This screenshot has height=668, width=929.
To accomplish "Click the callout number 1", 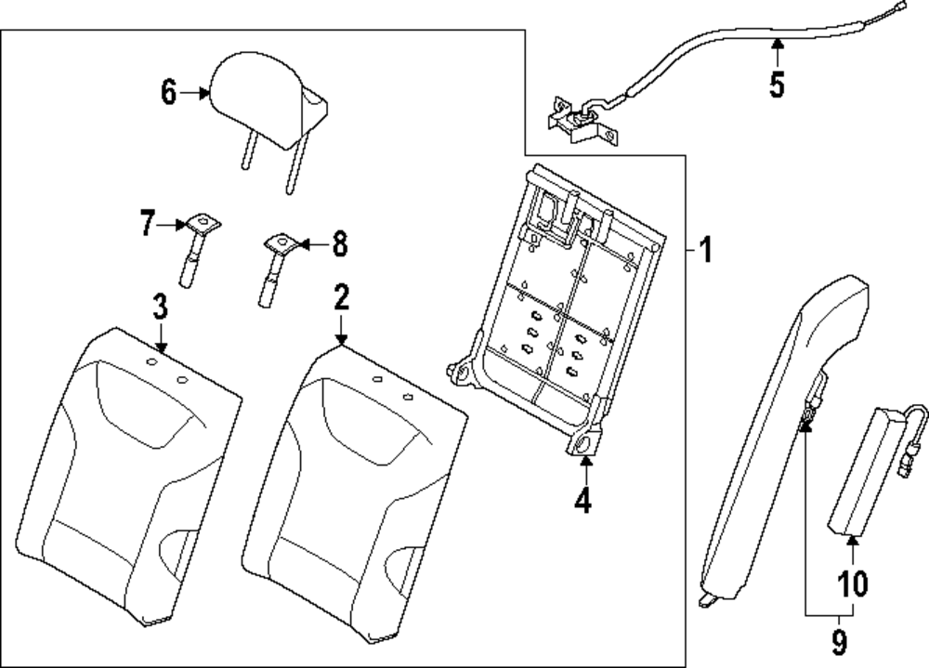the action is coord(705,250).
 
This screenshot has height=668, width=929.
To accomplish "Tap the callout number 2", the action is coord(341,298).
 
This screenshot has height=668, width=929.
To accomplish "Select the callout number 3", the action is coord(160,307).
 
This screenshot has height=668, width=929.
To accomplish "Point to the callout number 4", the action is coord(583,499).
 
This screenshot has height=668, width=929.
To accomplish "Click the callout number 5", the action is coord(778,84).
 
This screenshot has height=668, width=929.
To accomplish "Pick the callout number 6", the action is coord(169,92).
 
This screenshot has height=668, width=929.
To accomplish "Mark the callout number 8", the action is coord(339,243).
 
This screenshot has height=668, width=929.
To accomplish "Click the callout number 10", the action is coord(852,583).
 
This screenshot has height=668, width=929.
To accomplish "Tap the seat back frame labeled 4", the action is coord(556,309).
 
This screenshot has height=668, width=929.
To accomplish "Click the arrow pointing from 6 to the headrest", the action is coord(195,93).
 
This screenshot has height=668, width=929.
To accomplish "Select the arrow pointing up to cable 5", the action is coord(778,52).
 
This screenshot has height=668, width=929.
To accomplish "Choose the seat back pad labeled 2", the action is coord(355,493).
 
